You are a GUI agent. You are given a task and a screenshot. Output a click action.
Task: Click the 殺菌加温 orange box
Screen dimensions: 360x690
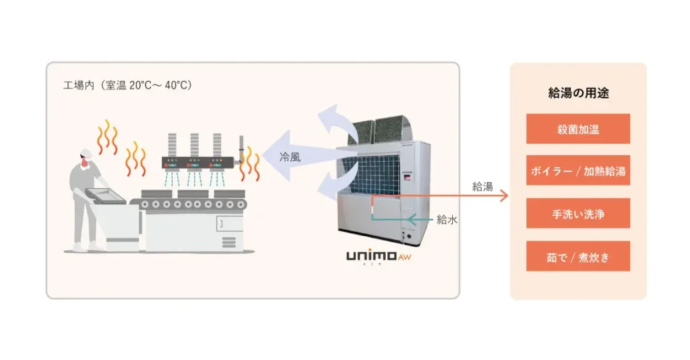point(577,129)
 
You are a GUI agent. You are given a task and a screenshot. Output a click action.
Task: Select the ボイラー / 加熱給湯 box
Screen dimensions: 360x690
point(577,171)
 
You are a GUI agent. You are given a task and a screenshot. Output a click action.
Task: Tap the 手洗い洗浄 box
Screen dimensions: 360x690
point(577,214)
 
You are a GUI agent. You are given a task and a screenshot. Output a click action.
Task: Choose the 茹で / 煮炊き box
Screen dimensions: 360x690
point(577,256)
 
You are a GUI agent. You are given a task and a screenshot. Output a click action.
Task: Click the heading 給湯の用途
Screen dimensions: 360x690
point(578,94)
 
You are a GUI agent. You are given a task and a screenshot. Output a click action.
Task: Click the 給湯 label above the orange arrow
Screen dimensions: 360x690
point(482,187)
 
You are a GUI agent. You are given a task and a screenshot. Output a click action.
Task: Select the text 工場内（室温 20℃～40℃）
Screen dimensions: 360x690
point(127,86)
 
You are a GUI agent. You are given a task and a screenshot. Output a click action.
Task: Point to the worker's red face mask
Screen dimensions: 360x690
point(84,162)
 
